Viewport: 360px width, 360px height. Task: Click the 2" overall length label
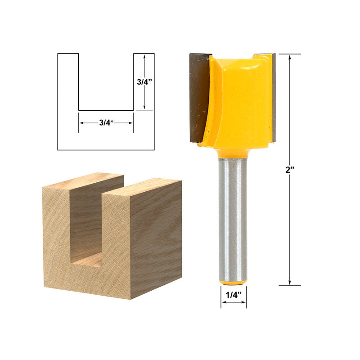[x=290, y=170]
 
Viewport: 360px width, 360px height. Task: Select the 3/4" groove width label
[x=106, y=122]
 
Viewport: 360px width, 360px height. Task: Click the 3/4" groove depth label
[x=144, y=82]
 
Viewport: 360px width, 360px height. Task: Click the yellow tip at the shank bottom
[x=233, y=283]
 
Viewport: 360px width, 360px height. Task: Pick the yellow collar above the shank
[x=233, y=153]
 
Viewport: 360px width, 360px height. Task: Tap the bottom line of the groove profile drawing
[x=106, y=110]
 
